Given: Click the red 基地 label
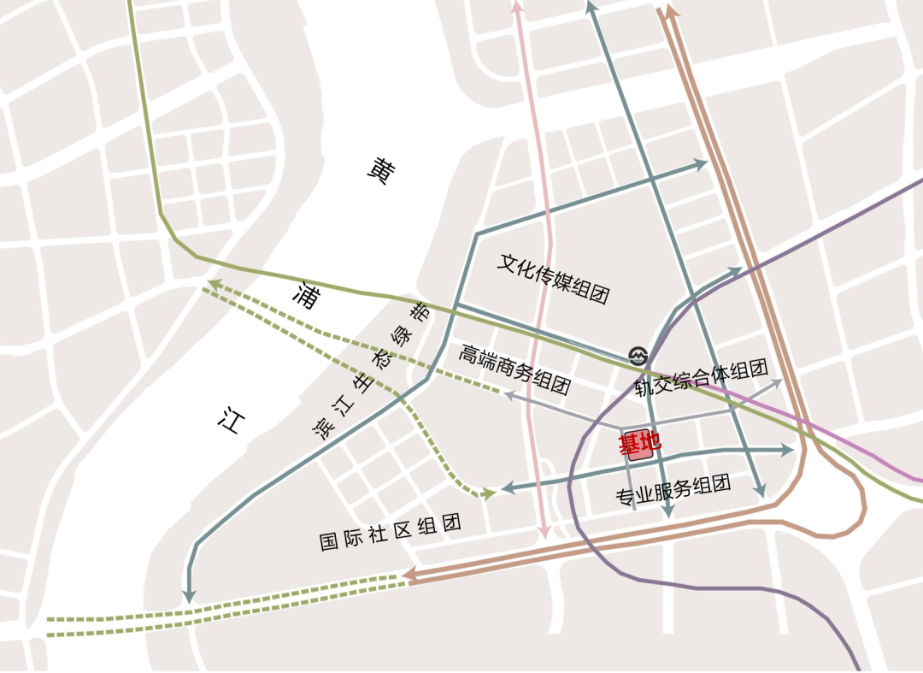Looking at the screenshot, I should click(640, 443).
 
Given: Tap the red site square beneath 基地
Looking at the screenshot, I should click(641, 452).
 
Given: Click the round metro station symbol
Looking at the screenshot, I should click(638, 355).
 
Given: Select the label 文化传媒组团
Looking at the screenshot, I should click(554, 279).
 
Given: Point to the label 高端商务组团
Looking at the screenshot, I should click(514, 369).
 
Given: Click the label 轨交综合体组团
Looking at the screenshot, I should click(701, 378).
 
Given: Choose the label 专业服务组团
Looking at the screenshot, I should click(673, 491).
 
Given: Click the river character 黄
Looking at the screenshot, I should click(381, 172).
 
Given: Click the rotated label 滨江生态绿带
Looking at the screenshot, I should click(373, 371).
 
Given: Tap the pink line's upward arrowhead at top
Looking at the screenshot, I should click(516, 7).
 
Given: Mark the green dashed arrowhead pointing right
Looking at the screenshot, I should click(489, 493).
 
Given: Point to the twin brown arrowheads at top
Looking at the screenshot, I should click(669, 10).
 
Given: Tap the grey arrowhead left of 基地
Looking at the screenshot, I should click(508, 395).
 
